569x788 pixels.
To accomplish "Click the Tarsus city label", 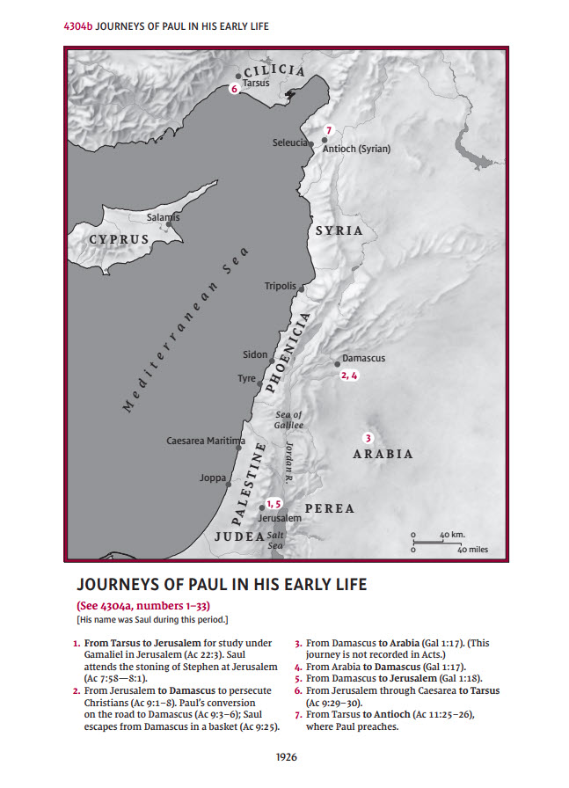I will tap(256, 83).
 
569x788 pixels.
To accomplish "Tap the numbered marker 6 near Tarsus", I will tap(234, 89).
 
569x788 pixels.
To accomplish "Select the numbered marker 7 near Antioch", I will tap(328, 130).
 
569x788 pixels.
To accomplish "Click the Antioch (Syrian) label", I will tap(356, 149).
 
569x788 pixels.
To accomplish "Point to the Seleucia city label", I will tap(289, 142).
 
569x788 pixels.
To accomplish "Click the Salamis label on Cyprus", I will tap(163, 216).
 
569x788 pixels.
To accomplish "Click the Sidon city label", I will tap(255, 354).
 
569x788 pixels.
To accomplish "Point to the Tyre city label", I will tap(246, 378).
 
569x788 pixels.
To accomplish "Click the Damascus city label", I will tap(363, 358).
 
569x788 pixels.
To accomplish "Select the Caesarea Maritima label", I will tap(206, 440).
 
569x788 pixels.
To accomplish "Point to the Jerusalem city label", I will tap(280, 519).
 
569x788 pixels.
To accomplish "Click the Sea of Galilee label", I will tap(289, 420).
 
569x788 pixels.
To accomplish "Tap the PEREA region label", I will tap(329, 508).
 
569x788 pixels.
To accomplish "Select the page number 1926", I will tap(285, 755).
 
